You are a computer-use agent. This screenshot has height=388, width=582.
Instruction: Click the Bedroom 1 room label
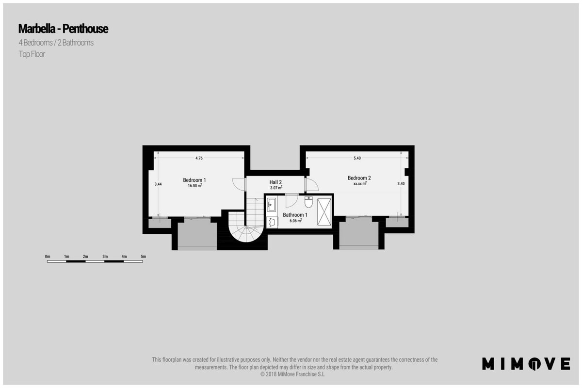(x=194, y=180)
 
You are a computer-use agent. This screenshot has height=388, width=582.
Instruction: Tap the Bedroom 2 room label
(x=359, y=178)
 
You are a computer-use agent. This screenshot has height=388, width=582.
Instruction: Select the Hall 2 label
(x=275, y=182)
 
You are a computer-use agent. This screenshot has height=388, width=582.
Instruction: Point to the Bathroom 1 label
(x=295, y=215)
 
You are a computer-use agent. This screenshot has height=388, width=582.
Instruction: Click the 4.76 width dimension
(x=199, y=158)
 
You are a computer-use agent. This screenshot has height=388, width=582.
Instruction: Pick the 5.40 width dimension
(x=357, y=158)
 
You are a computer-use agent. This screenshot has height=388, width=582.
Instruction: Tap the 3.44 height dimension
(x=158, y=184)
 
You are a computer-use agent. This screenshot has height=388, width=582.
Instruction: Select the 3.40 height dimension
(x=401, y=183)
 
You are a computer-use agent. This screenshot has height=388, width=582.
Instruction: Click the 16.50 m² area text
(x=195, y=186)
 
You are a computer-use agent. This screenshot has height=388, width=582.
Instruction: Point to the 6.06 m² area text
(x=296, y=221)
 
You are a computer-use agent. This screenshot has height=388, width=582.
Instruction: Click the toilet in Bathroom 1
(x=308, y=202)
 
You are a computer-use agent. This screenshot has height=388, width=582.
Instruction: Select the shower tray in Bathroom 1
(x=324, y=212)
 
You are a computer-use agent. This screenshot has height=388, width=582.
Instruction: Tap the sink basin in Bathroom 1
(x=271, y=205)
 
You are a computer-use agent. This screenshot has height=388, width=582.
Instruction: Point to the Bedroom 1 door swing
(x=239, y=184)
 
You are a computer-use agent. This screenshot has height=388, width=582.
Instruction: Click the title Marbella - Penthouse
(x=63, y=29)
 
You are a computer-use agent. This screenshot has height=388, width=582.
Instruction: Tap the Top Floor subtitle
(x=32, y=54)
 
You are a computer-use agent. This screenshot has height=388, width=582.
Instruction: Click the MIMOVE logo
(x=526, y=364)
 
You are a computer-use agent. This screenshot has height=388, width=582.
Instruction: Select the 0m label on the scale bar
(x=48, y=257)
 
